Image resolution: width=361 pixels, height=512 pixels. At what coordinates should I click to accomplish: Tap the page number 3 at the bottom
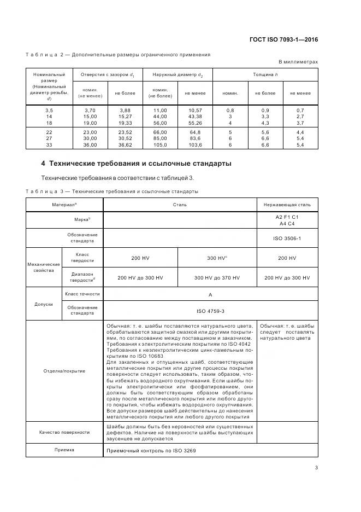click(x=316, y=467)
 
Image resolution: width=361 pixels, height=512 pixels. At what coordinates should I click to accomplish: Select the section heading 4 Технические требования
click(x=137, y=164)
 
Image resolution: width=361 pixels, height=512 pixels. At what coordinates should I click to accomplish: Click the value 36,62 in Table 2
click(x=125, y=145)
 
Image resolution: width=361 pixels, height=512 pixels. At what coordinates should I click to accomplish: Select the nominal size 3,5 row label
click(x=49, y=110)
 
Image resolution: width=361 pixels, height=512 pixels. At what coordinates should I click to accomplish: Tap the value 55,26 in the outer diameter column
click(x=195, y=123)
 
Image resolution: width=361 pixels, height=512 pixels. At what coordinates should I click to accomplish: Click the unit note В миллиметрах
click(x=298, y=62)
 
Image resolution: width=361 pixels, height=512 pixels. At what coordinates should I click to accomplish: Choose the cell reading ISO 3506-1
click(x=287, y=238)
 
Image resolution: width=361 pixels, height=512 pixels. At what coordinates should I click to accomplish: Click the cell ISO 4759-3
click(x=210, y=311)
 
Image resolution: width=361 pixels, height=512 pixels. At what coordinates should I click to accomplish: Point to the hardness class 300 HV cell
click(x=217, y=258)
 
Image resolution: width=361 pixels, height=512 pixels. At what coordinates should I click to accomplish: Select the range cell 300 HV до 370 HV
click(x=217, y=278)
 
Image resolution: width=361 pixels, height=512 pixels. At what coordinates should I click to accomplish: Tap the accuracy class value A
click(x=210, y=294)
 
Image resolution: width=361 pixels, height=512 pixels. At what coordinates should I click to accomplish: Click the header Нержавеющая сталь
click(x=287, y=205)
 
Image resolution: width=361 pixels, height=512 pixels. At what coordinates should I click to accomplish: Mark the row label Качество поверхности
click(x=64, y=432)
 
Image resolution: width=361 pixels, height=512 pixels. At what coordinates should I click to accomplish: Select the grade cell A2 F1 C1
click(x=287, y=217)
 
